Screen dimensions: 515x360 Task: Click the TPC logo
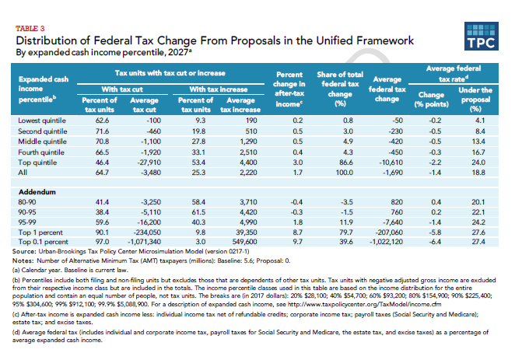[482, 36]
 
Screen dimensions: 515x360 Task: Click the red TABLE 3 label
[30, 29]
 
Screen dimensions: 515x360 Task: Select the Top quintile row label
[37, 163]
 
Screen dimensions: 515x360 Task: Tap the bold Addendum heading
[37, 192]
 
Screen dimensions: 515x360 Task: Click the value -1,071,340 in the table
[144, 242]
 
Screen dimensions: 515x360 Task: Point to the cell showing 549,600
[243, 242]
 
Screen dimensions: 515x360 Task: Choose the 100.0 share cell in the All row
[344, 173]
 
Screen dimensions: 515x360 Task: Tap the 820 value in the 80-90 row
[397, 202]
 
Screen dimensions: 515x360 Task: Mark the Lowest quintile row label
[42, 121]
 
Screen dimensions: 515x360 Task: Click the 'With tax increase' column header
[219, 89]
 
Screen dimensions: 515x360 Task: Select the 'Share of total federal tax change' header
[340, 89]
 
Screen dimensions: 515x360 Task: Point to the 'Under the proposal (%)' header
[475, 100]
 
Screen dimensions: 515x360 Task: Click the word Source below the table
[24, 252]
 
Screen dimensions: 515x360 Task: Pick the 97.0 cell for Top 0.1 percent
[102, 242]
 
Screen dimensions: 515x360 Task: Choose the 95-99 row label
[27, 222]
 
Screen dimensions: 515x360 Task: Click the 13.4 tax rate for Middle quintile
[478, 142]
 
